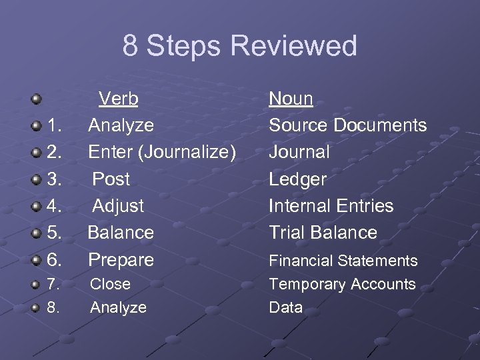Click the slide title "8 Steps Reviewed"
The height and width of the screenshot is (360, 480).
click(240, 46)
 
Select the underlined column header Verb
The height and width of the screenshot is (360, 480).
click(119, 99)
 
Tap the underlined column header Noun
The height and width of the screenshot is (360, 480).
click(291, 99)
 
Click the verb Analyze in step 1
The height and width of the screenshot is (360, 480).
click(121, 125)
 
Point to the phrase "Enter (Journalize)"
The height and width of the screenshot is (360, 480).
click(162, 152)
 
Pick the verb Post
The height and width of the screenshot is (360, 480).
click(111, 179)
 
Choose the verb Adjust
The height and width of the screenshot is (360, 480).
click(117, 205)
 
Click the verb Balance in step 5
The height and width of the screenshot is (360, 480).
click(121, 232)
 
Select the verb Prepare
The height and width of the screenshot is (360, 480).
click(121, 259)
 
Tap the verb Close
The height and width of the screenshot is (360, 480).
click(110, 284)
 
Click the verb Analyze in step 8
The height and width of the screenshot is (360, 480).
click(118, 307)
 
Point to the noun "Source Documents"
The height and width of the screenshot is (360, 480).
click(347, 125)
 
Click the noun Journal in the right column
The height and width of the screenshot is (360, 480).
click(299, 152)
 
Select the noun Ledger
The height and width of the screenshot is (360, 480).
click(297, 179)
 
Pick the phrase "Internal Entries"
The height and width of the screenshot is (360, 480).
click(331, 205)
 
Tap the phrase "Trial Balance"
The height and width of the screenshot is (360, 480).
click(323, 232)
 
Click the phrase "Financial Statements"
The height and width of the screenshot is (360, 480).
click(343, 260)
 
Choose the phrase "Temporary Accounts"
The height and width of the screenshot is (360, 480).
click(342, 284)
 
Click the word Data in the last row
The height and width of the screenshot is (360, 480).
click(285, 307)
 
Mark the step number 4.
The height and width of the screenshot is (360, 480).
click(56, 205)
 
